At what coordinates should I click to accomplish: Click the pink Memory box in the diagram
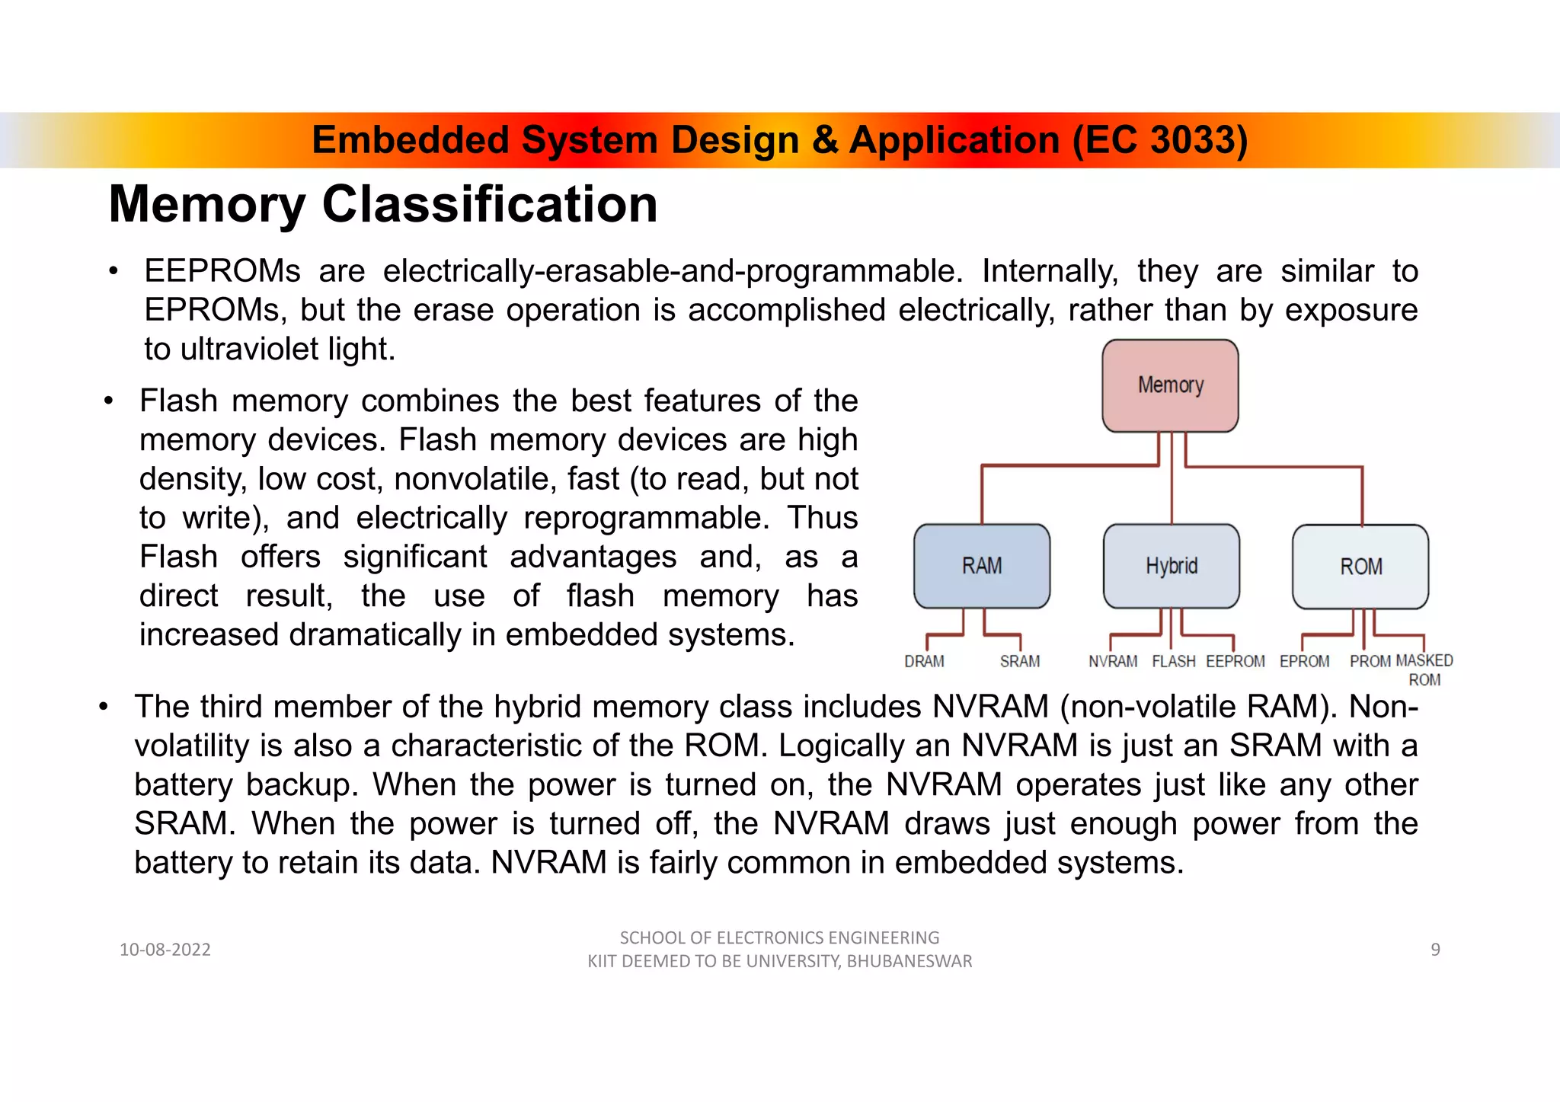point(1170,385)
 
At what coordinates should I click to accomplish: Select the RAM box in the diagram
point(982,566)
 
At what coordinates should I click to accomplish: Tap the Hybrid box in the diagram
point(1172,566)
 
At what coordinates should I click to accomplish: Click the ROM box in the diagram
point(1360,567)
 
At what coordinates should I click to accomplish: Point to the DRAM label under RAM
point(924,661)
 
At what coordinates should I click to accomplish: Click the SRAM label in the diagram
point(1020,661)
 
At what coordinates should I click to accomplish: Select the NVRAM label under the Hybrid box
point(1113,661)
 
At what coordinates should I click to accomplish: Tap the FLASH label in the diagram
point(1174,661)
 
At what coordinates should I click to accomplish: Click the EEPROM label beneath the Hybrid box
point(1236,661)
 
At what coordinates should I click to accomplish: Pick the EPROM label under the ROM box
point(1304,661)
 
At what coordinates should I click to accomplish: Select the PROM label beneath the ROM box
point(1370,661)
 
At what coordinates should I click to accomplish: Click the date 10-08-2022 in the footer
point(165,950)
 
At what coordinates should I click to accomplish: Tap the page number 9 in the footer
point(1435,950)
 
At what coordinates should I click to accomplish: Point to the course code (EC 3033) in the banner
point(1160,140)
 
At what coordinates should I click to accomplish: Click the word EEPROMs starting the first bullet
point(222,271)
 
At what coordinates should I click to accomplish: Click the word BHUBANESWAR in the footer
point(909,961)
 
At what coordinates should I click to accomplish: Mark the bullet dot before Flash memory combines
point(109,401)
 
